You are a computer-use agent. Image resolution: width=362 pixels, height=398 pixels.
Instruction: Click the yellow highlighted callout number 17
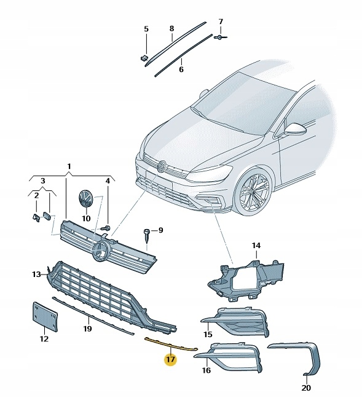tap(170, 359)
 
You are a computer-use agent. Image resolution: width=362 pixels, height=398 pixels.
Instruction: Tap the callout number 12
tap(44, 338)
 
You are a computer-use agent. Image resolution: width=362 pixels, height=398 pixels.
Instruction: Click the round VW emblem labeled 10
tap(84, 200)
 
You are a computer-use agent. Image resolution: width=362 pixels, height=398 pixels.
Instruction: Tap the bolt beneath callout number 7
tap(219, 38)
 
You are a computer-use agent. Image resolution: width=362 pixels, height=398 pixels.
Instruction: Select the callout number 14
tap(256, 246)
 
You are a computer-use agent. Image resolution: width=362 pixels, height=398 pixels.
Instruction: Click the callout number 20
tap(307, 388)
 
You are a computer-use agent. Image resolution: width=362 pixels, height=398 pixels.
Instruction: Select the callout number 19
tap(87, 329)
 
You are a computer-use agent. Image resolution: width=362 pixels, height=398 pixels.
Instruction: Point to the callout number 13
tap(36, 273)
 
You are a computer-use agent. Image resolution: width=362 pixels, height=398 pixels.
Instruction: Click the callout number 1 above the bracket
tap(69, 166)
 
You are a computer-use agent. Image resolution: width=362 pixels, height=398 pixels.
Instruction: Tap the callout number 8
tap(171, 29)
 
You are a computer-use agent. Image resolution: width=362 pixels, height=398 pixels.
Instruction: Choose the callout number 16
tap(207, 370)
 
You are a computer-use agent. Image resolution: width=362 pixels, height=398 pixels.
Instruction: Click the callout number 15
tap(208, 334)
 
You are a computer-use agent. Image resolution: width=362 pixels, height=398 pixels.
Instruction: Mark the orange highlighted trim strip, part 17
tap(170, 345)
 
